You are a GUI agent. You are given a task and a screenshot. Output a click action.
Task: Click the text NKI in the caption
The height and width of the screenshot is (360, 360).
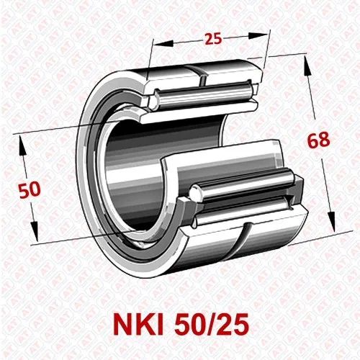pos(140,325)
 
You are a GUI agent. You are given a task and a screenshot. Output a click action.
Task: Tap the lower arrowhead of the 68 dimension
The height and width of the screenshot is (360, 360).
pos(333,222)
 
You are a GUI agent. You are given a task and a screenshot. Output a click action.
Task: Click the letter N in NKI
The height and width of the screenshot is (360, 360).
pos(122,325)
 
